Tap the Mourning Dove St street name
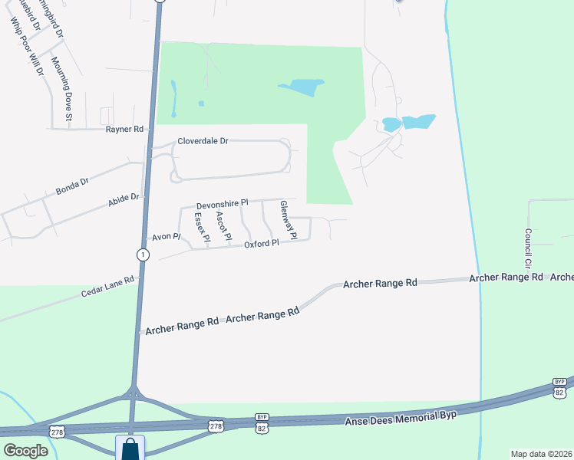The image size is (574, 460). click(61, 89)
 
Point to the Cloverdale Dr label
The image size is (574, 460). click(203, 141)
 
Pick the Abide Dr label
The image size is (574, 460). click(124, 200)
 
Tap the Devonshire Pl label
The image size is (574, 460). click(223, 205)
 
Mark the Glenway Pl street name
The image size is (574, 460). click(288, 214)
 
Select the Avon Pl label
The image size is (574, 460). click(165, 237)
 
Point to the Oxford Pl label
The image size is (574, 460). click(261, 244)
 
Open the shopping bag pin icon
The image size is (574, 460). click(130, 448)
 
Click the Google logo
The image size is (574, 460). click(25, 450)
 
